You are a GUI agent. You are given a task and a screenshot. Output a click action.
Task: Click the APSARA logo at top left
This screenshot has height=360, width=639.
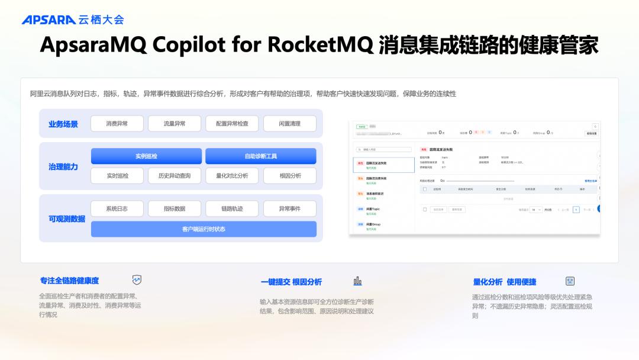pos(49,20)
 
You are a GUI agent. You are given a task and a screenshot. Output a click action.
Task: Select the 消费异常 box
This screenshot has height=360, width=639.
pos(117,124)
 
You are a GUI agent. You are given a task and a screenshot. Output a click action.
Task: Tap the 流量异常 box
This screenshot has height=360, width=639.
pos(175,124)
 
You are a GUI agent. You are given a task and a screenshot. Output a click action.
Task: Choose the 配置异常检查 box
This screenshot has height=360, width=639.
pos(232,124)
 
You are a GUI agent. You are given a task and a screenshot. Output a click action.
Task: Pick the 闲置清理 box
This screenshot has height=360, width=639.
pos(290,124)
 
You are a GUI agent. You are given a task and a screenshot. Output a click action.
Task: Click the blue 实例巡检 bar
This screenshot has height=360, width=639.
pos(146,156)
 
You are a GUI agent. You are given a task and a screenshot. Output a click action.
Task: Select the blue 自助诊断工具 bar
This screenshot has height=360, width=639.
pos(260,156)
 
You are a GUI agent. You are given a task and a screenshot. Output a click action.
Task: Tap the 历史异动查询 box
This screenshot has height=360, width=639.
pos(175,176)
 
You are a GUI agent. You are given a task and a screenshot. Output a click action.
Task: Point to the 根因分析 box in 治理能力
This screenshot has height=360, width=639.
pos(290,176)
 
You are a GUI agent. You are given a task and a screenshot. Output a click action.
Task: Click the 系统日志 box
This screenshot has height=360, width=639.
pos(117,209)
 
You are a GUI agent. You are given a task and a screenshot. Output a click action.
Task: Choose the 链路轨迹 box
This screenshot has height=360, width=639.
pos(232,209)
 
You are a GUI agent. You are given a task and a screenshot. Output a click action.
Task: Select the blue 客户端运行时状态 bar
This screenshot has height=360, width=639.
pos(204,229)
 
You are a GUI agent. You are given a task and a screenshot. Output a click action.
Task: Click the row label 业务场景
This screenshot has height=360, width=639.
pos(63,124)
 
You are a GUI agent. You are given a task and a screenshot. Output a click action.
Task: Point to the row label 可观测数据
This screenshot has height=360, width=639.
pos(67,219)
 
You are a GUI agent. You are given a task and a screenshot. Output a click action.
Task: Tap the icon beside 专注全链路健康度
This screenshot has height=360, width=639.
pos(137,280)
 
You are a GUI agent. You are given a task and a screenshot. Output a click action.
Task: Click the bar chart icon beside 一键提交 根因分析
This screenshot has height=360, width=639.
pos(357,281)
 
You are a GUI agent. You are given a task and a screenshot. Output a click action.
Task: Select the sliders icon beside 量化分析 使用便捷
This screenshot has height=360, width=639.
pos(570,281)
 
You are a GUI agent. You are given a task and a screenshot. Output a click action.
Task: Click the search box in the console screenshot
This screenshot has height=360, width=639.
pos(382,150)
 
